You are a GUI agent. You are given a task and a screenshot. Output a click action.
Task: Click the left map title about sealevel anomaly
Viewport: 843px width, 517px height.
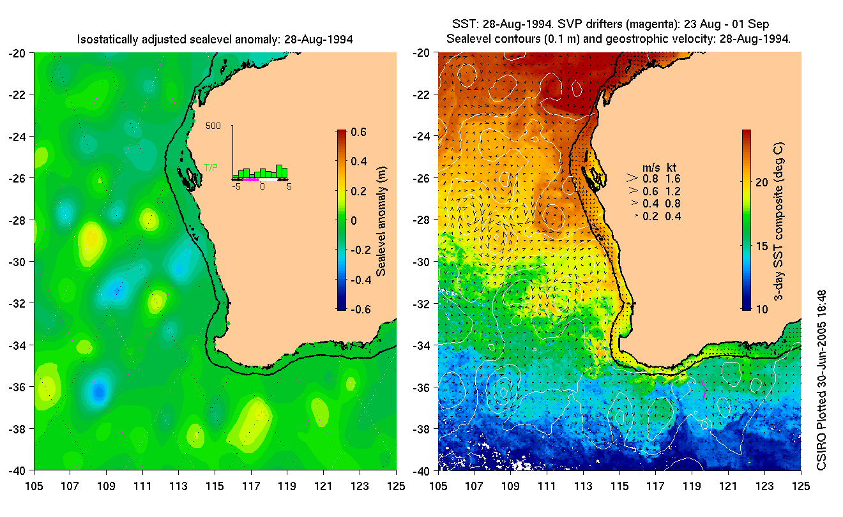[x=215, y=40]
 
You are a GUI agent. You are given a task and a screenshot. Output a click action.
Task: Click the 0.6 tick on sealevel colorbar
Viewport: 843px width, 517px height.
[x=359, y=132]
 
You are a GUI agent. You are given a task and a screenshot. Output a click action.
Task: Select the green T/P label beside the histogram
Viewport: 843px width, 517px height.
[x=210, y=167]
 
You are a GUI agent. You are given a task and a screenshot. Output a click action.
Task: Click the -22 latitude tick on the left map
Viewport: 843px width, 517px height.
[x=17, y=95]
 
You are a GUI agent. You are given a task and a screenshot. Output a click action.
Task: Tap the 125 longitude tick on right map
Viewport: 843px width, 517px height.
[x=801, y=485]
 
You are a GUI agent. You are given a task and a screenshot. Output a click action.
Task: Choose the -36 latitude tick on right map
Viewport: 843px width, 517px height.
[x=422, y=387]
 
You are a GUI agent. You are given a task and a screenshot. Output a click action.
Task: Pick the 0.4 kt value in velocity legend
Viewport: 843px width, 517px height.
[x=673, y=216]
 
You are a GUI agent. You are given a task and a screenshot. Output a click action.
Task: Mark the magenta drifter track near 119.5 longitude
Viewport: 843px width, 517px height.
[x=702, y=387]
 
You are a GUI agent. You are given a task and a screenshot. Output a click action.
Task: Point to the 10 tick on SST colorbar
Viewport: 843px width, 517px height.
[x=761, y=310]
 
